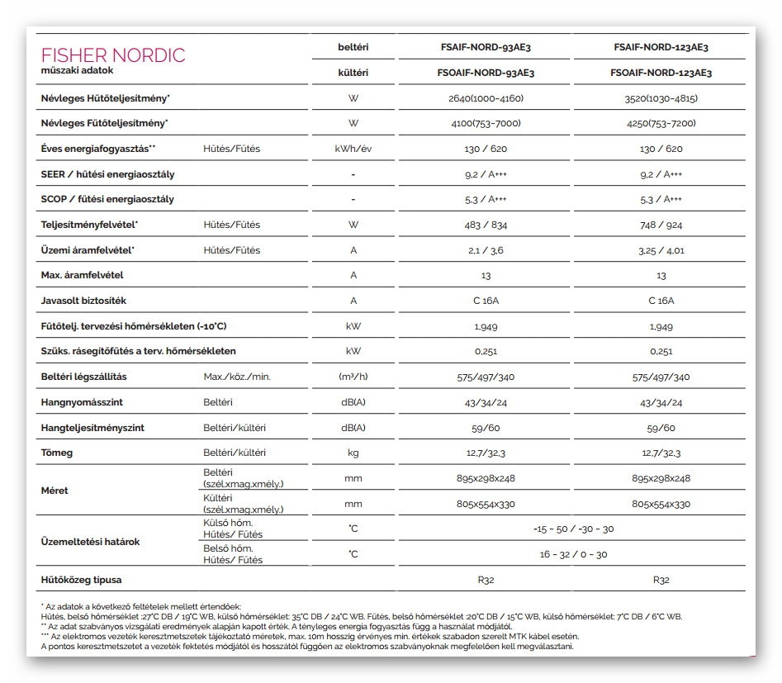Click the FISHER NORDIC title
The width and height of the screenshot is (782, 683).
(x=113, y=55)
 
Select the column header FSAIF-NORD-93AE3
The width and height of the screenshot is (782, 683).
(x=485, y=47)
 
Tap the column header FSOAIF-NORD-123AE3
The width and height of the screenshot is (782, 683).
(x=661, y=73)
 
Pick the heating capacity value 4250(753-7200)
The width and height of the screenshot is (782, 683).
(x=661, y=123)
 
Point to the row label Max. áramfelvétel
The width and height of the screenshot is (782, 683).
(x=82, y=275)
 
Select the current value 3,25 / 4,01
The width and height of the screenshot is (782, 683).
(x=661, y=250)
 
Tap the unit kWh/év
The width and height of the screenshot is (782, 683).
(x=353, y=149)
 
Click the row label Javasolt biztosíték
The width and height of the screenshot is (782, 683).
(x=83, y=301)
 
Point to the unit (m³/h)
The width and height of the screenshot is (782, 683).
(x=353, y=377)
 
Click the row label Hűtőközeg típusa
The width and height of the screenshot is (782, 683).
(x=81, y=580)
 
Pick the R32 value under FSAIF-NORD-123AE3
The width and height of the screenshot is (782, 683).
(x=661, y=580)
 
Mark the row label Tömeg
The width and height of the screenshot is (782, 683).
(x=57, y=453)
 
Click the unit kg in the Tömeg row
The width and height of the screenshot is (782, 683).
(x=353, y=453)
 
